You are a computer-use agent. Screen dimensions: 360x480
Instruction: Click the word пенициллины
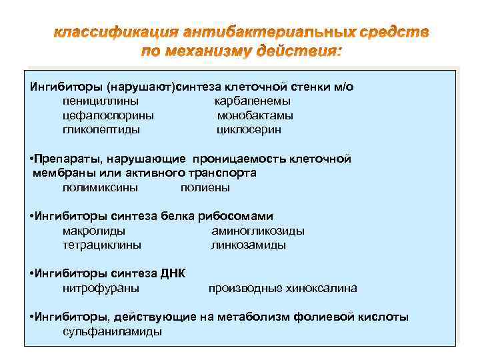click(101, 101)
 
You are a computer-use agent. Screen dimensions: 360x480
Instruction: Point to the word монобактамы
click(255, 115)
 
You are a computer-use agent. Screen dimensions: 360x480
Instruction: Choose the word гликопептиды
click(101, 129)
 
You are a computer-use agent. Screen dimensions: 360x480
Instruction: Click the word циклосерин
click(249, 129)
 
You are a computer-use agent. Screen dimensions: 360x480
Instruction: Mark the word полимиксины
click(101, 187)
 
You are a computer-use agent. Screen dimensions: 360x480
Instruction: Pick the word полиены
click(205, 187)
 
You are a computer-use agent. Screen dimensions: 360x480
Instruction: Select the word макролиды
click(93, 231)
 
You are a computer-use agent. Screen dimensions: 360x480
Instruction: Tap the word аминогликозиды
click(258, 231)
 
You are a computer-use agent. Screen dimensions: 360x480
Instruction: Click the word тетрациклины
click(102, 245)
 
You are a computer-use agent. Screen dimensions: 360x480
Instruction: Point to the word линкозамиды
click(249, 245)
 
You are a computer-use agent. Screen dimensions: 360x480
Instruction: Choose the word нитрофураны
click(101, 288)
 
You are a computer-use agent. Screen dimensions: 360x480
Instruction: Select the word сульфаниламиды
click(112, 331)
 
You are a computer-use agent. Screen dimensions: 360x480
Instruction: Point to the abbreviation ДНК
click(173, 273)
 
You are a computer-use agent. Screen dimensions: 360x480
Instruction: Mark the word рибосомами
click(236, 216)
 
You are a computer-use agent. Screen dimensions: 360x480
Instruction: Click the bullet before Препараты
click(33, 159)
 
